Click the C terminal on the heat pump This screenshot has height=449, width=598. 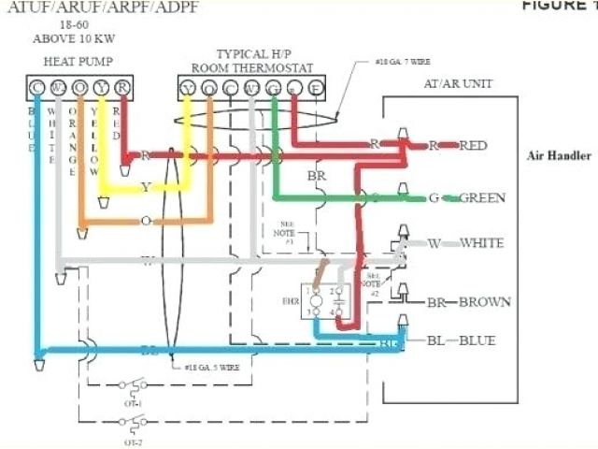click(x=36, y=88)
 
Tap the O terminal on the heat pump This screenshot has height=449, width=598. click(x=80, y=88)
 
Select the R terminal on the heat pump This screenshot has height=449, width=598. click(x=123, y=88)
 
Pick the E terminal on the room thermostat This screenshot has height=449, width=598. click(x=316, y=89)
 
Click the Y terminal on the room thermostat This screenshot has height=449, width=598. click(x=188, y=89)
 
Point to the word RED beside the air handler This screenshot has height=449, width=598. click(x=473, y=145)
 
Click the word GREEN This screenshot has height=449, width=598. click(x=483, y=197)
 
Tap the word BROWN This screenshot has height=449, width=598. click(x=485, y=302)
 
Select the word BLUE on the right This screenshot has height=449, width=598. click(x=477, y=340)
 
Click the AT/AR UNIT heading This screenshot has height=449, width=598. click(x=459, y=83)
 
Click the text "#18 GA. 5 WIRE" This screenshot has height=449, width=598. click(x=209, y=368)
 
